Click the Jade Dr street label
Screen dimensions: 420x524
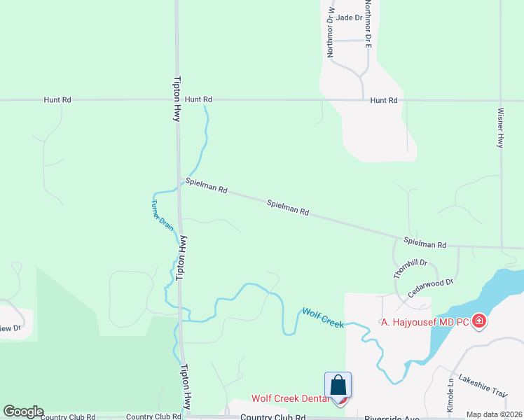pyautogui.click(x=349, y=17)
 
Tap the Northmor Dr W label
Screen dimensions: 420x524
pyautogui.click(x=331, y=32)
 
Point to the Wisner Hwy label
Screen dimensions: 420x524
pyautogui.click(x=500, y=127)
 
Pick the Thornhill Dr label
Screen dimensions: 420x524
pyautogui.click(x=410, y=269)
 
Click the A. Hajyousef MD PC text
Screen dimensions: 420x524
pyautogui.click(x=425, y=322)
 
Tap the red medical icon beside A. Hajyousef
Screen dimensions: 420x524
pyautogui.click(x=479, y=321)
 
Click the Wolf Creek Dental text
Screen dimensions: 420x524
pyautogui.click(x=290, y=399)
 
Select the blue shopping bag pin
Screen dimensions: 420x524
pyautogui.click(x=338, y=386)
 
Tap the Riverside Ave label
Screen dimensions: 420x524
pyautogui.click(x=389, y=417)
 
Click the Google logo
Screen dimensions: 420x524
pyautogui.click(x=23, y=412)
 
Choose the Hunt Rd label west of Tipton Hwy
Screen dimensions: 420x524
pyautogui.click(x=57, y=100)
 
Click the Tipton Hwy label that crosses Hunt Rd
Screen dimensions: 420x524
pyautogui.click(x=177, y=99)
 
